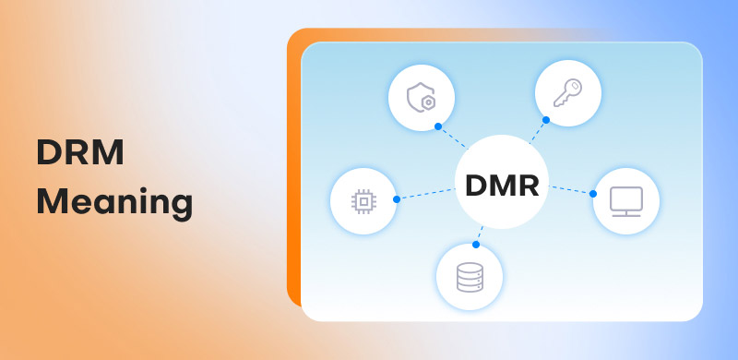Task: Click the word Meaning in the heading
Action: [114, 201]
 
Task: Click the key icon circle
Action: [568, 92]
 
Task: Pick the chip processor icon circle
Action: [363, 200]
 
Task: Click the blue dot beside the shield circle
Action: [438, 126]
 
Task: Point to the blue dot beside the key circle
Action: [546, 120]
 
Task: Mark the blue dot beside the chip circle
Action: [397, 198]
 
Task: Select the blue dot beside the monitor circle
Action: [592, 194]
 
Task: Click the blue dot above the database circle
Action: [476, 245]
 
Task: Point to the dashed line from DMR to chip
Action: [426, 194]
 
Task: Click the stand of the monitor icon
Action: [625, 211]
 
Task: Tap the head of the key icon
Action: [576, 85]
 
